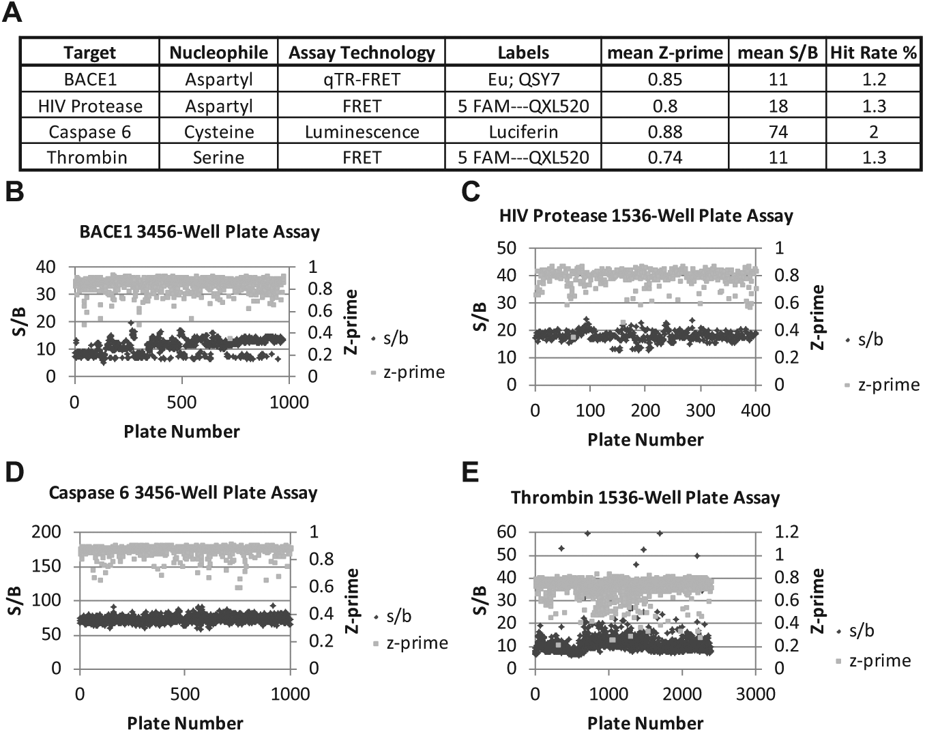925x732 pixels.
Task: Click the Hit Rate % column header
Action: point(873,53)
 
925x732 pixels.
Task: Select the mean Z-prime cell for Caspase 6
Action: point(664,132)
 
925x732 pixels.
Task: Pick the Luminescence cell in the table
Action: point(362,132)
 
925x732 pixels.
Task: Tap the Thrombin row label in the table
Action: point(87,158)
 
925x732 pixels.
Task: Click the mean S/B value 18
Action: point(778,106)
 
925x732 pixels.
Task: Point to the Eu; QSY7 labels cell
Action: point(523,80)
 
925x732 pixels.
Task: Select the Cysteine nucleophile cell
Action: point(219,132)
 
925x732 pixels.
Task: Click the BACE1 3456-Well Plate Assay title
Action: point(200,232)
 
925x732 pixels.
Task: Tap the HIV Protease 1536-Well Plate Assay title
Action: point(646,216)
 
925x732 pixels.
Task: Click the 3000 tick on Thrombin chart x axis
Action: point(755,694)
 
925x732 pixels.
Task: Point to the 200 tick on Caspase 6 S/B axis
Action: point(46,532)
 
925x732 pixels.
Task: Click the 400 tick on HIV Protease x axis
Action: point(756,411)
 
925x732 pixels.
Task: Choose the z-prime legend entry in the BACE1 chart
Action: point(408,372)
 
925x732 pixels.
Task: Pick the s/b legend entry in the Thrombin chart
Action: point(855,630)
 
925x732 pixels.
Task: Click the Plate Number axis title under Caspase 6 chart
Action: point(186,723)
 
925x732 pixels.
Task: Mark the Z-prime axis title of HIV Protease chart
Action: point(817,317)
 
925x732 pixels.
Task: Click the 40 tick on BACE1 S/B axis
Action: point(45,267)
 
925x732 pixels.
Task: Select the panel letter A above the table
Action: point(12,12)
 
